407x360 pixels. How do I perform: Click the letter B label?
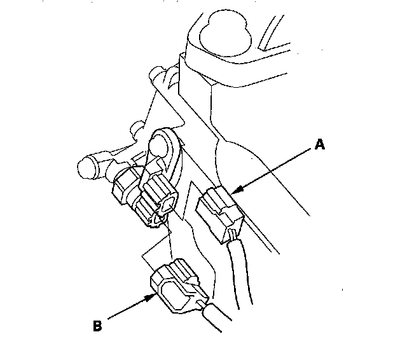point(97,327)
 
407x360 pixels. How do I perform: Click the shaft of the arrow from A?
point(273,169)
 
